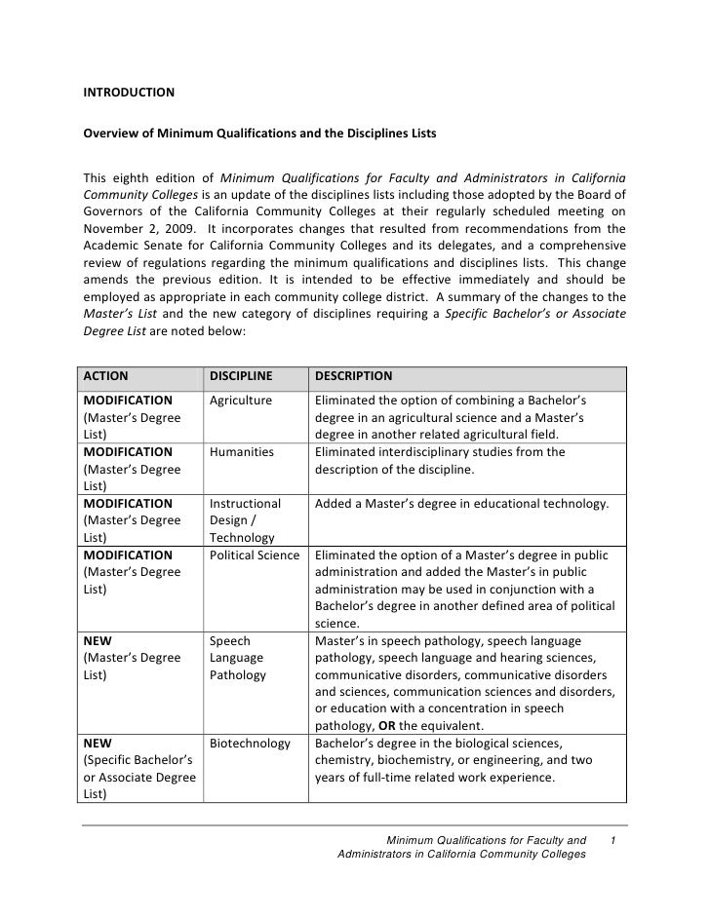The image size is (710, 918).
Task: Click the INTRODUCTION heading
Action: [x=129, y=94]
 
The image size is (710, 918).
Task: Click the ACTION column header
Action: [x=106, y=375]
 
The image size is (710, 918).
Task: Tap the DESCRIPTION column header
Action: [x=353, y=375]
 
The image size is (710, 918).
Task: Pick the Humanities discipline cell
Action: [x=242, y=452]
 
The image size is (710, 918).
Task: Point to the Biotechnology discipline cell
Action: [x=250, y=744]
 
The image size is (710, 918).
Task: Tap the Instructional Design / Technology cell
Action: [x=245, y=520]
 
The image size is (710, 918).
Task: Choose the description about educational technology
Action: [x=462, y=504]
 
